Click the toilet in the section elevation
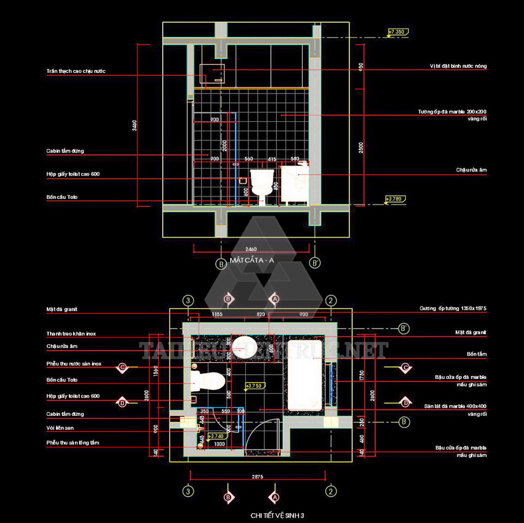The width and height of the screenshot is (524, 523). [x=262, y=184]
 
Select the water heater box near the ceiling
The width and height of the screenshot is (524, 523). [x=213, y=73]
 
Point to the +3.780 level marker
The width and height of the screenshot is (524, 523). [x=394, y=199]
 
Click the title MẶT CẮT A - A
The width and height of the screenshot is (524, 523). [x=252, y=261]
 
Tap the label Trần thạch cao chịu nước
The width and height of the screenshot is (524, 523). [x=76, y=71]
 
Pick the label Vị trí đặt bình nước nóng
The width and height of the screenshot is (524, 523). [x=459, y=65]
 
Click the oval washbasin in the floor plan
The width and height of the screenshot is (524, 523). [x=244, y=344]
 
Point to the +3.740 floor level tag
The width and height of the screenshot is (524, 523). [x=216, y=436]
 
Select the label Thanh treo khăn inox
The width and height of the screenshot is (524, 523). [x=71, y=333]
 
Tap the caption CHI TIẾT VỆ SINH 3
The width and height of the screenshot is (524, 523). [x=277, y=515]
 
